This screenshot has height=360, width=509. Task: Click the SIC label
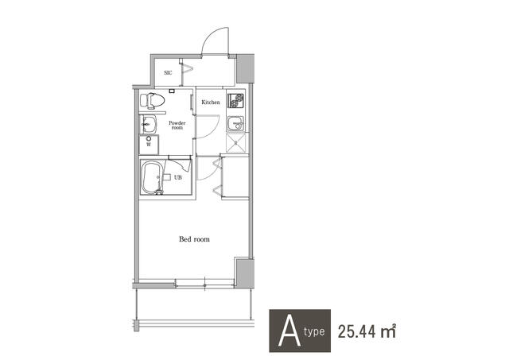(168, 72)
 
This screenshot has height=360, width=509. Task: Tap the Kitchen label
(211, 103)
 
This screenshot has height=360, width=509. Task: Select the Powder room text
(177, 126)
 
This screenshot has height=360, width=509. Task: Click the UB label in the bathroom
(177, 177)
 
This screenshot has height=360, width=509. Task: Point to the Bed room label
(194, 239)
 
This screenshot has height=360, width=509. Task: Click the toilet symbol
(152, 101)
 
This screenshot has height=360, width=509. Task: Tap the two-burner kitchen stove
(235, 100)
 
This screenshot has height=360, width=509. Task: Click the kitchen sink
(235, 123)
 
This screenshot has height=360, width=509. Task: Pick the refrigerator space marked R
(236, 143)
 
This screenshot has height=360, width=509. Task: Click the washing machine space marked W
(149, 145)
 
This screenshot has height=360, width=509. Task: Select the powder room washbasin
(148, 124)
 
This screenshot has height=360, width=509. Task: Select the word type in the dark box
(314, 332)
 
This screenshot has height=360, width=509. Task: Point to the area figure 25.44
(357, 331)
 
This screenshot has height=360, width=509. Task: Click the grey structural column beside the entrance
(245, 69)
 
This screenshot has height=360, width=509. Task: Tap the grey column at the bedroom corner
(244, 273)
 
